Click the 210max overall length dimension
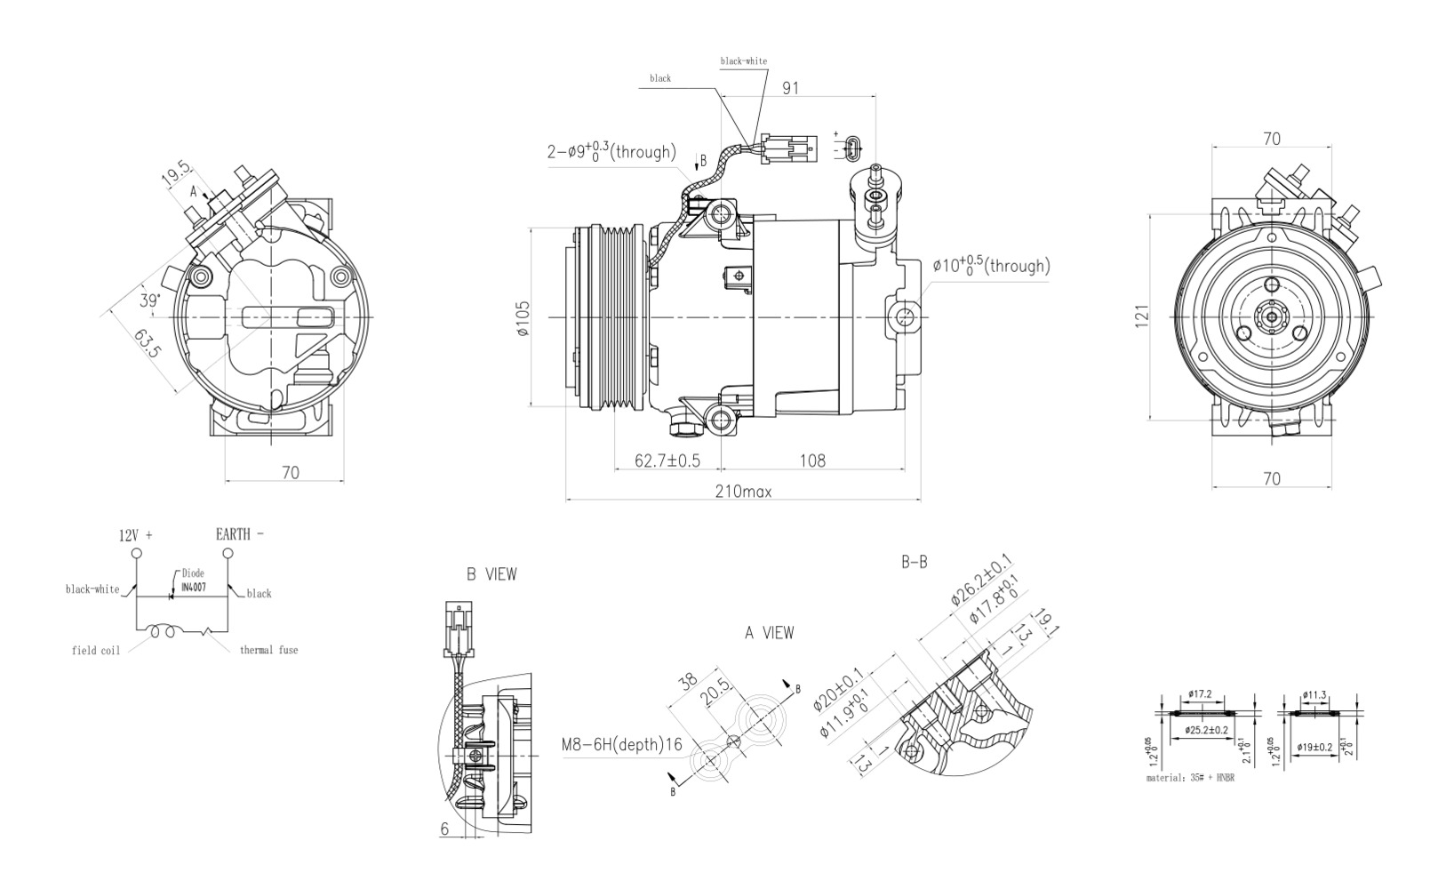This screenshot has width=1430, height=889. pos(744,492)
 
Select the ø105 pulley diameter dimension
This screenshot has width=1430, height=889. pos(522,318)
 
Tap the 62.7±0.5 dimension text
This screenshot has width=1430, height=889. pos(667,461)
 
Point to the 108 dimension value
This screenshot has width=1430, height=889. pos(812,461)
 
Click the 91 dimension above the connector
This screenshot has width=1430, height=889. pos(790,87)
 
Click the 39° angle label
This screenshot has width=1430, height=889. pos(149,300)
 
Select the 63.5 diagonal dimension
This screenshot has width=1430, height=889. pos(148,343)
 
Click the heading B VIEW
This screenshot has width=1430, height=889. pos(491,574)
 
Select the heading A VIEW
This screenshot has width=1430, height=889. pos(769,633)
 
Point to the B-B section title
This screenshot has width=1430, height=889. pos(915,562)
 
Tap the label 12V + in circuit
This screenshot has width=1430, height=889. pos(136,535)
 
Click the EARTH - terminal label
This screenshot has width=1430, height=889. pos(239,534)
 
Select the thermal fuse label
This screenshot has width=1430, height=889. pos(269,650)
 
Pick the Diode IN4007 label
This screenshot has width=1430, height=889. pos(193,580)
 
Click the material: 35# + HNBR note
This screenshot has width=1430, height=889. pos(1190,778)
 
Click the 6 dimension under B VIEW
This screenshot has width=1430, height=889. pos(444,829)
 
